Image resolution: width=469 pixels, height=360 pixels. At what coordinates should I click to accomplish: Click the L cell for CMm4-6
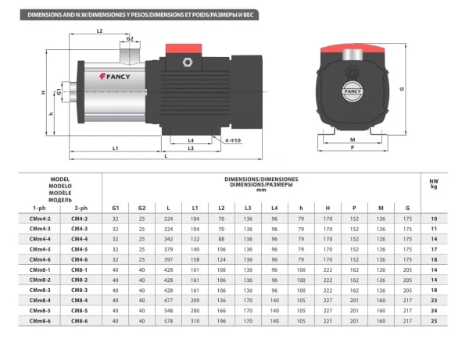(168, 259)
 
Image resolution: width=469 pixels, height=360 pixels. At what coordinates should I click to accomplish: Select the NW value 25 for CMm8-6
(434, 321)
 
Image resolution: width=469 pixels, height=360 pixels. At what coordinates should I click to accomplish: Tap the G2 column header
(141, 208)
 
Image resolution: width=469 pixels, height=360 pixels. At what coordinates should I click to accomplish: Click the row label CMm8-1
(40, 269)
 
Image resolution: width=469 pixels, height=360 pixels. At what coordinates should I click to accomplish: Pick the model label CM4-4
(79, 239)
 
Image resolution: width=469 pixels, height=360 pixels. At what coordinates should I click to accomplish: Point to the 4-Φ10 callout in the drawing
(233, 141)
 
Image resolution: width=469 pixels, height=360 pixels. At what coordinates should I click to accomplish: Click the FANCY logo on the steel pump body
(115, 77)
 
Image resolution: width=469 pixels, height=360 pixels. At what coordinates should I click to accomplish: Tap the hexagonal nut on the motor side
(188, 62)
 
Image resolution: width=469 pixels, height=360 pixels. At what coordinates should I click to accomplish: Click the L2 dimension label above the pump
(99, 30)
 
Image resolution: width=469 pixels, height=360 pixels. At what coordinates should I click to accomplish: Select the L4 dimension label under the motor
(191, 141)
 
